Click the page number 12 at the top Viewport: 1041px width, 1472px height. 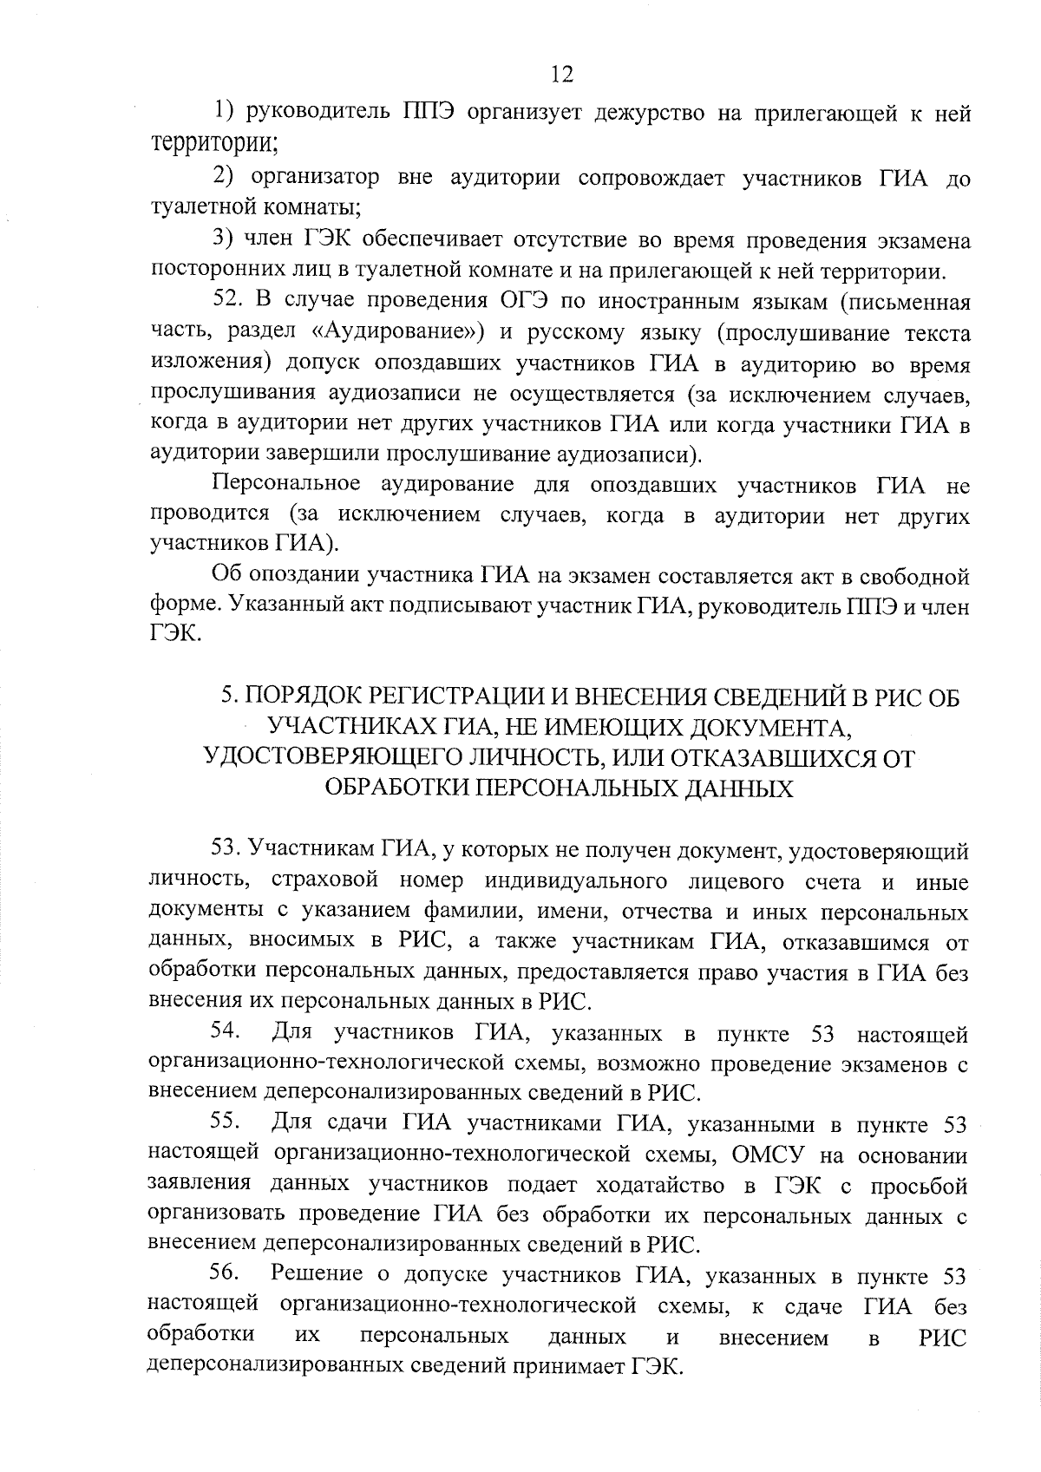pyautogui.click(x=561, y=75)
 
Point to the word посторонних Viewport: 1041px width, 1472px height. pyautogui.click(x=208, y=272)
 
